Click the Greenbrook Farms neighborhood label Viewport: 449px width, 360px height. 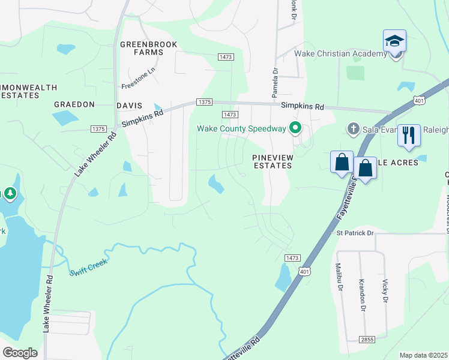[142, 48]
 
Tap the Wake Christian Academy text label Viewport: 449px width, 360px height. [340, 54]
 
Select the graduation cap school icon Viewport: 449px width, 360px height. [394, 41]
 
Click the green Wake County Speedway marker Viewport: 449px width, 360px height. [295, 128]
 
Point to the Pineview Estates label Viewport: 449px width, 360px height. [271, 161]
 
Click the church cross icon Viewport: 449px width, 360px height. [354, 128]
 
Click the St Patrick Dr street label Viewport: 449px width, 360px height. [355, 233]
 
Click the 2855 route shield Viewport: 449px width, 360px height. [367, 340]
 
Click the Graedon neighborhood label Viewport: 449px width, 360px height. [74, 104]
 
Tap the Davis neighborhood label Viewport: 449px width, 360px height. [129, 105]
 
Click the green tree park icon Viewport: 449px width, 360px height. [10, 193]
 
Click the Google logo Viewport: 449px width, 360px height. [20, 353]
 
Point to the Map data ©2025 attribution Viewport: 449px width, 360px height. [423, 355]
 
